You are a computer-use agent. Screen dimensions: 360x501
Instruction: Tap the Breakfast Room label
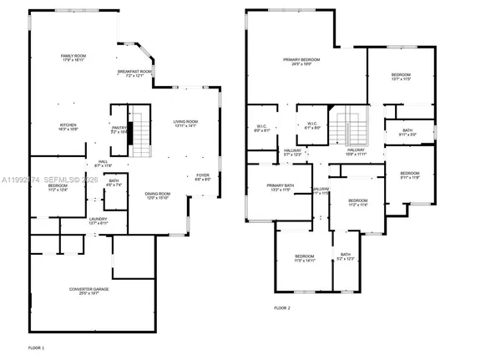134,72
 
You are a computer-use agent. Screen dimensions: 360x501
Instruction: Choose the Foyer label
203,175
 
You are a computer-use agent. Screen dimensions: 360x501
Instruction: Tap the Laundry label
76,220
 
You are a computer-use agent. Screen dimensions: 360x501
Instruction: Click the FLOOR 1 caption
36,347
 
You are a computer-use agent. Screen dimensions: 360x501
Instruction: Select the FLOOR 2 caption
282,308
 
